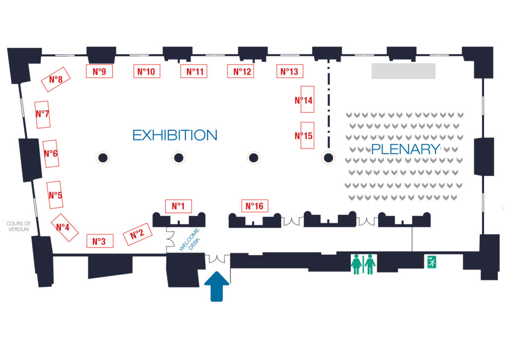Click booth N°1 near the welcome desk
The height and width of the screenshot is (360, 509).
pos(178,206)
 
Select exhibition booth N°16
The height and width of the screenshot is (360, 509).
pos(255,206)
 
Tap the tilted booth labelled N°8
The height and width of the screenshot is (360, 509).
pos(56,80)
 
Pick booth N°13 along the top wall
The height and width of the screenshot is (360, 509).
pos(290,72)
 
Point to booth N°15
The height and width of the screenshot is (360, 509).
pos(307,135)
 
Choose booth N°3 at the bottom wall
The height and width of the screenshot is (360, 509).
pos(99,241)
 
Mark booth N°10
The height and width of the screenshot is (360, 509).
pos(147,72)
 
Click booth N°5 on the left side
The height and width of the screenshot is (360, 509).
pos(55,195)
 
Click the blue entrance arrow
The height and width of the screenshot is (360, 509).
pos(217,286)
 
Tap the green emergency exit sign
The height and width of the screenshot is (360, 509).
pos(432,262)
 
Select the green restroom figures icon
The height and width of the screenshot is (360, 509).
pos(363,264)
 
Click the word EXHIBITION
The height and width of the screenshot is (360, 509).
pos(175,135)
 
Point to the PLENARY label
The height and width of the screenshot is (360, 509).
pos(406,149)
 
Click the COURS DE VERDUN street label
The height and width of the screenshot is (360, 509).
pos(18,226)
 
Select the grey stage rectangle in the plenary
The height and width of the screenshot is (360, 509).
pos(404,71)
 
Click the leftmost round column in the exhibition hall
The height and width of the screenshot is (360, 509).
pos(103,158)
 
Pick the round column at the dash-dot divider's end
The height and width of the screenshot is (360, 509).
pos(328,158)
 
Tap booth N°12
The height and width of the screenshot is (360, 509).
pos(241,72)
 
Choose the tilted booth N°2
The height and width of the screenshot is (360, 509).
pos(137,234)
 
